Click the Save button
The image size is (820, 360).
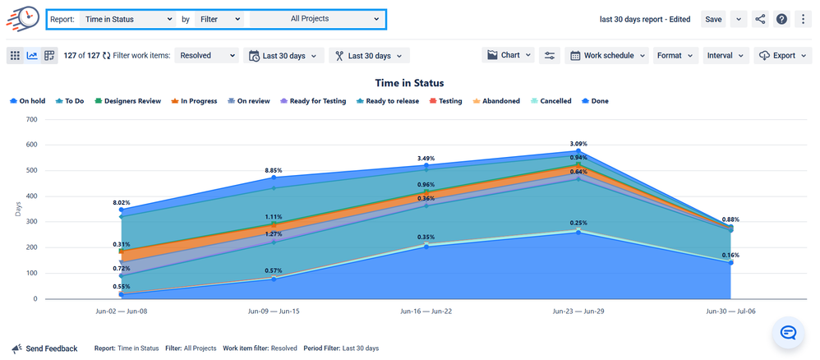click(712, 19)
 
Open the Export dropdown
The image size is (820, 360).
click(783, 55)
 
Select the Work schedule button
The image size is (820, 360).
click(606, 55)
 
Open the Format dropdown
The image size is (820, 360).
click(675, 55)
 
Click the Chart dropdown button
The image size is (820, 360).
click(509, 55)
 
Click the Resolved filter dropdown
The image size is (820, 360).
click(207, 56)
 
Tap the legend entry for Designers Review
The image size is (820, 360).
click(127, 101)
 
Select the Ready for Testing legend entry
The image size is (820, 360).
click(315, 101)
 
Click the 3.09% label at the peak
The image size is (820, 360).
click(579, 144)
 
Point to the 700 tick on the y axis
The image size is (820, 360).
click(32, 119)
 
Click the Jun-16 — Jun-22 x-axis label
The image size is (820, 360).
click(426, 312)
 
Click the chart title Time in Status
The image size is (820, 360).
click(409, 83)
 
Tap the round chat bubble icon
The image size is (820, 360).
click(787, 332)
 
